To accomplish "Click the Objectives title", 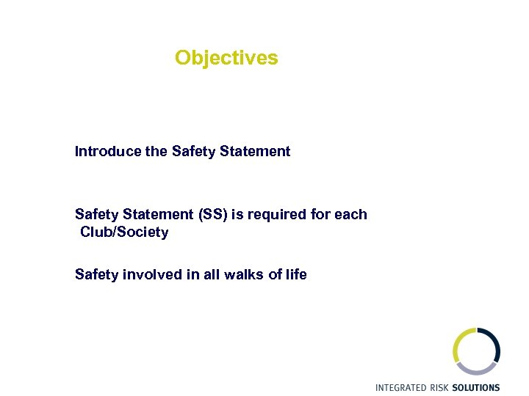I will coord(226,57).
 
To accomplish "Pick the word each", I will coord(351,214).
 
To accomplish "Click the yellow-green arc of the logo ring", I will coord(458,345).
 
